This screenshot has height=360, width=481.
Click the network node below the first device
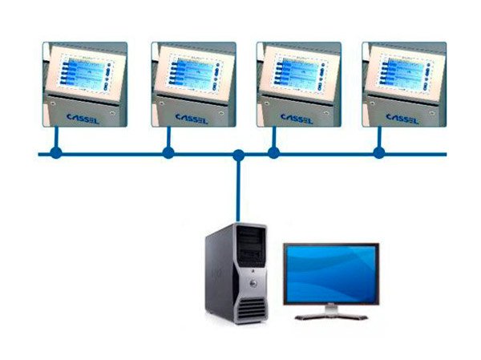55,152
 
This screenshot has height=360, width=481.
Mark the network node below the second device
168,152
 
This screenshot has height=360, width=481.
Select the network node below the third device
273,152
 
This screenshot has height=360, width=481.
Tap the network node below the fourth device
379,152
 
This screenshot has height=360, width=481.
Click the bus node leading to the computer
238,154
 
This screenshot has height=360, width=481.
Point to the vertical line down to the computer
238,192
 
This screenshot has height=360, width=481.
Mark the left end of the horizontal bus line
41,153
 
